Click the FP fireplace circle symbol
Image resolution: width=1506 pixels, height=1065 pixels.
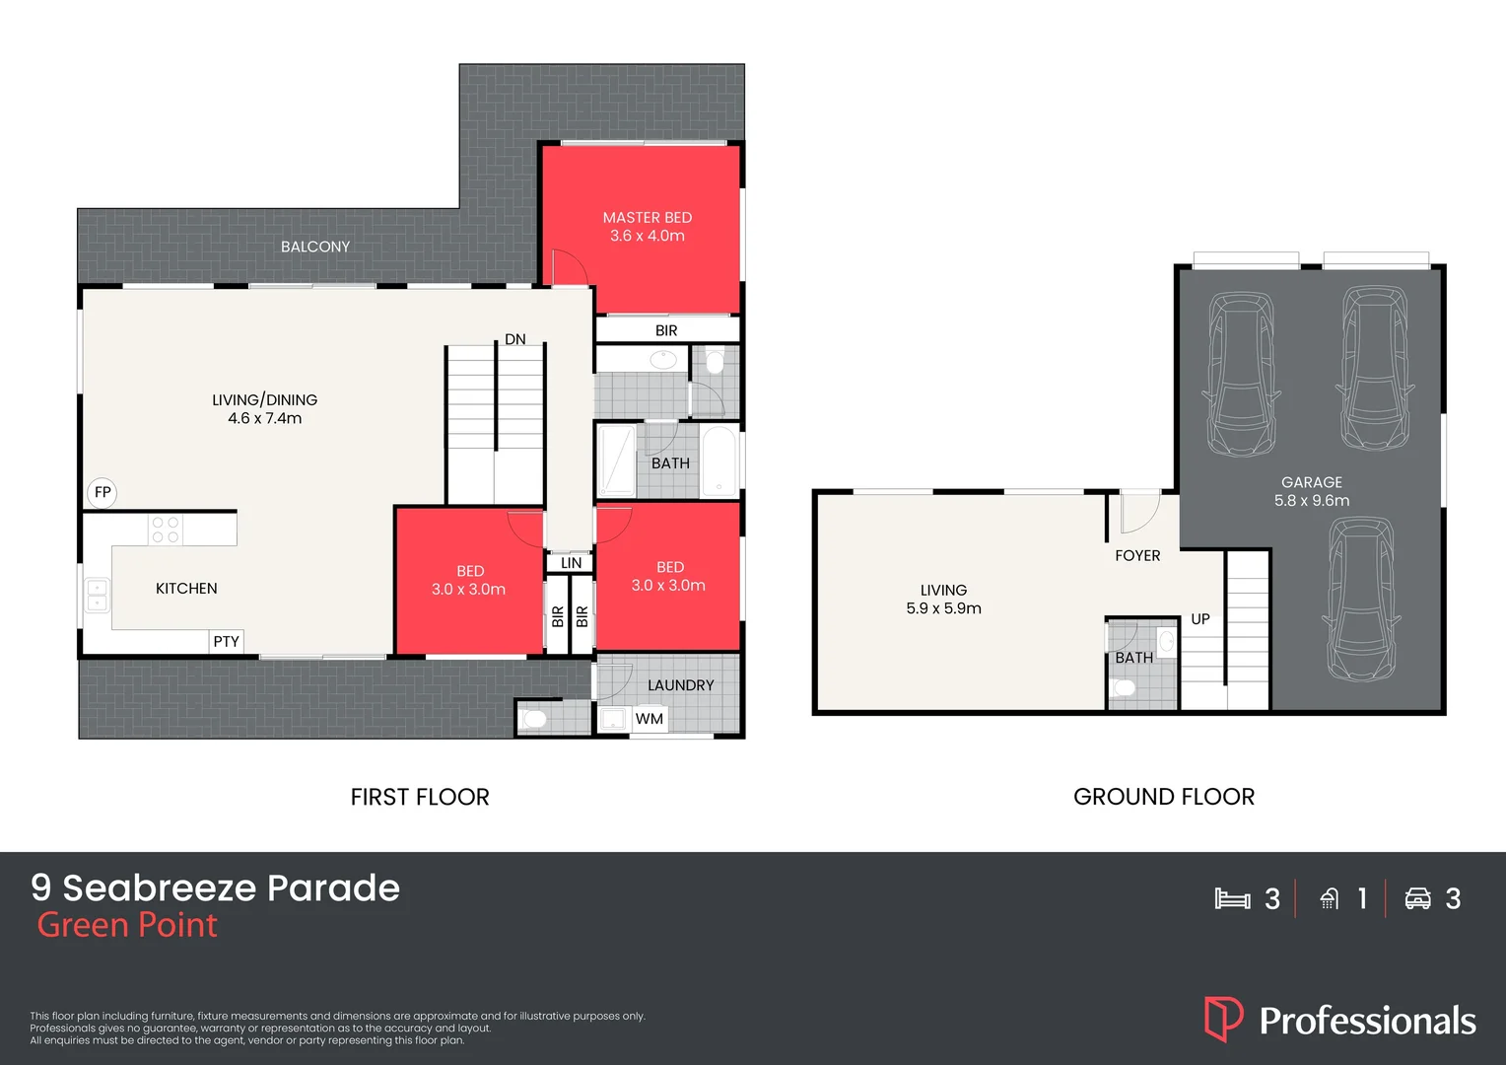(x=103, y=492)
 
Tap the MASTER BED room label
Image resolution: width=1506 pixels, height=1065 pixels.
(x=647, y=217)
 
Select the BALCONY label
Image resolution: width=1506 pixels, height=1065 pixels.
(x=315, y=247)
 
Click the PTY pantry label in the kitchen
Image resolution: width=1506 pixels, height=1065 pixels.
(x=226, y=641)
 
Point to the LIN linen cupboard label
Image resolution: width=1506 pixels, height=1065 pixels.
(x=571, y=563)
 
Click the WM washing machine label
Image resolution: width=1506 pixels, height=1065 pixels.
(x=649, y=719)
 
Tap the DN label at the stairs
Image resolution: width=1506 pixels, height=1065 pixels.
(x=514, y=339)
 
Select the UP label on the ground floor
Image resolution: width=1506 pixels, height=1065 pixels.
(x=1199, y=619)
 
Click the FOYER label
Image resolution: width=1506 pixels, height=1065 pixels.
(x=1137, y=556)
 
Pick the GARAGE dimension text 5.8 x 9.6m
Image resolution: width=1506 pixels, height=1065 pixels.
(x=1312, y=501)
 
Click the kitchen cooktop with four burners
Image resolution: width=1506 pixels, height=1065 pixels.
(x=165, y=530)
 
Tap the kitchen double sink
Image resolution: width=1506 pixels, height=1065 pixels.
(x=97, y=595)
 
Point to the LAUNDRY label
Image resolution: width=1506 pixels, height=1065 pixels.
(x=680, y=685)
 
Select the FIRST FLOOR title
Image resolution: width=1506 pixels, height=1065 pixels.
(x=420, y=797)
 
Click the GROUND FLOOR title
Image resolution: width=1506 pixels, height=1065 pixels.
(x=1163, y=797)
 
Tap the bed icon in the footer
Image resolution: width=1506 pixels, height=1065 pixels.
(x=1232, y=898)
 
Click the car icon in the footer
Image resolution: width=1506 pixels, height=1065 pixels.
(x=1417, y=898)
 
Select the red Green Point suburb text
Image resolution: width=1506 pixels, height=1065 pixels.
(x=127, y=925)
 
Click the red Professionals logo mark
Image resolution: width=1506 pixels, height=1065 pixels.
(x=1223, y=1020)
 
